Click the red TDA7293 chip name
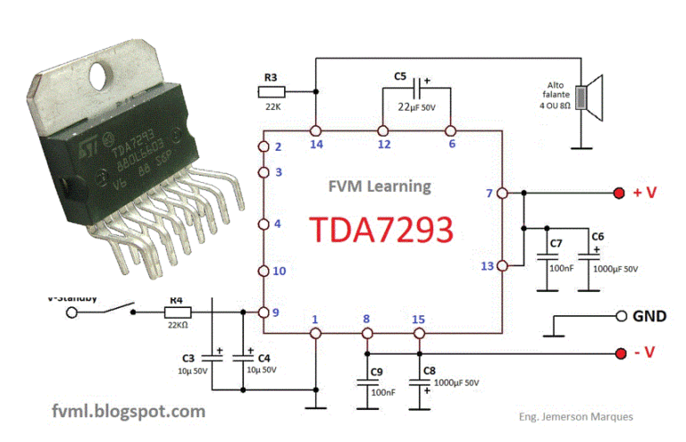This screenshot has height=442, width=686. [381, 230]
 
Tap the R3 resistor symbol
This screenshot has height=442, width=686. [271, 91]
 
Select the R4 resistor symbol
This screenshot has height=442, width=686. [177, 312]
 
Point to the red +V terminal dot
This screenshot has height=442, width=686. [618, 193]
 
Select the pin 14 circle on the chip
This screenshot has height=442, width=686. [315, 129]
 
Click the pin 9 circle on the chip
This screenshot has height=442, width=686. [264, 312]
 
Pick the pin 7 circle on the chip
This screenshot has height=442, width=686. [502, 193]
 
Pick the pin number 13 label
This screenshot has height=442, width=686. [486, 265]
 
